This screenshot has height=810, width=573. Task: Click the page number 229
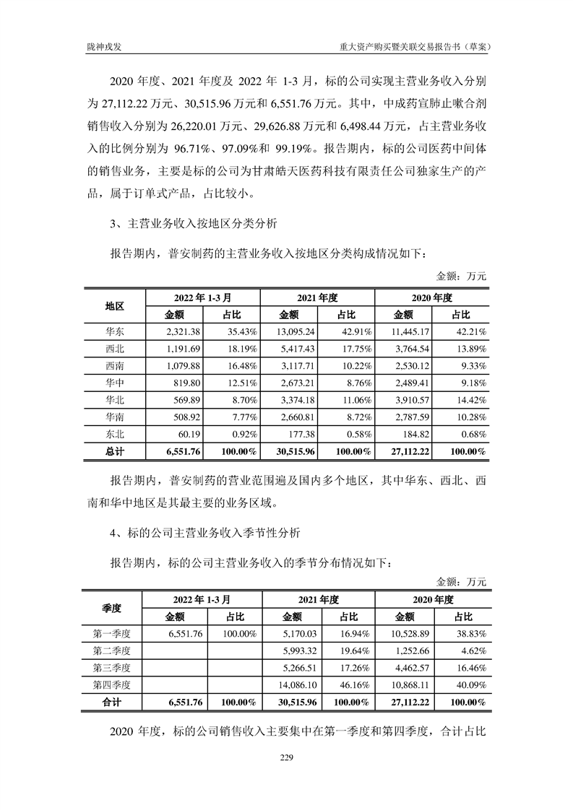[286, 757]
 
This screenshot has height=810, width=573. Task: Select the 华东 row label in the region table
[115, 331]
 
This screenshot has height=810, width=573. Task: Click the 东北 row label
[115, 435]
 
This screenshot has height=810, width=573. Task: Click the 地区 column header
[115, 305]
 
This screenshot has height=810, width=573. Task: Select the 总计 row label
[115, 453]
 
